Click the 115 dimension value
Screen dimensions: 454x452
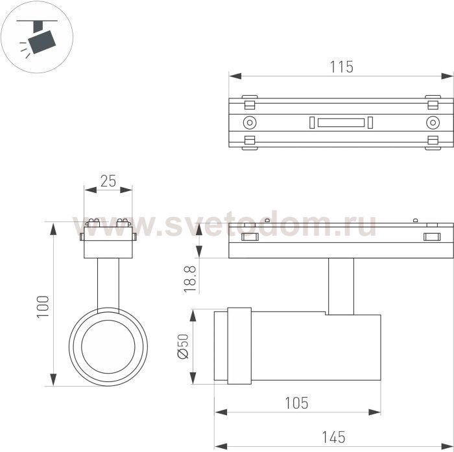pos(342,67)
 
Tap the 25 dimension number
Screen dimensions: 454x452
pos(108,181)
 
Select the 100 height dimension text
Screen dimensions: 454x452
pos(43,307)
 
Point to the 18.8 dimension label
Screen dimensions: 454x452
pos(190,279)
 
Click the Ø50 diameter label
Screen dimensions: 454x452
pos(183,346)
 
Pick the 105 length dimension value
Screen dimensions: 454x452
pos(297,403)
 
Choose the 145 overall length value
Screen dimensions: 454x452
pos(333,437)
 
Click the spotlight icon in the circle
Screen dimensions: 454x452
pos(37,39)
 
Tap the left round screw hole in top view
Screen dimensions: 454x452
pos(250,122)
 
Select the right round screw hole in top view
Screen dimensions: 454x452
pos(433,122)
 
